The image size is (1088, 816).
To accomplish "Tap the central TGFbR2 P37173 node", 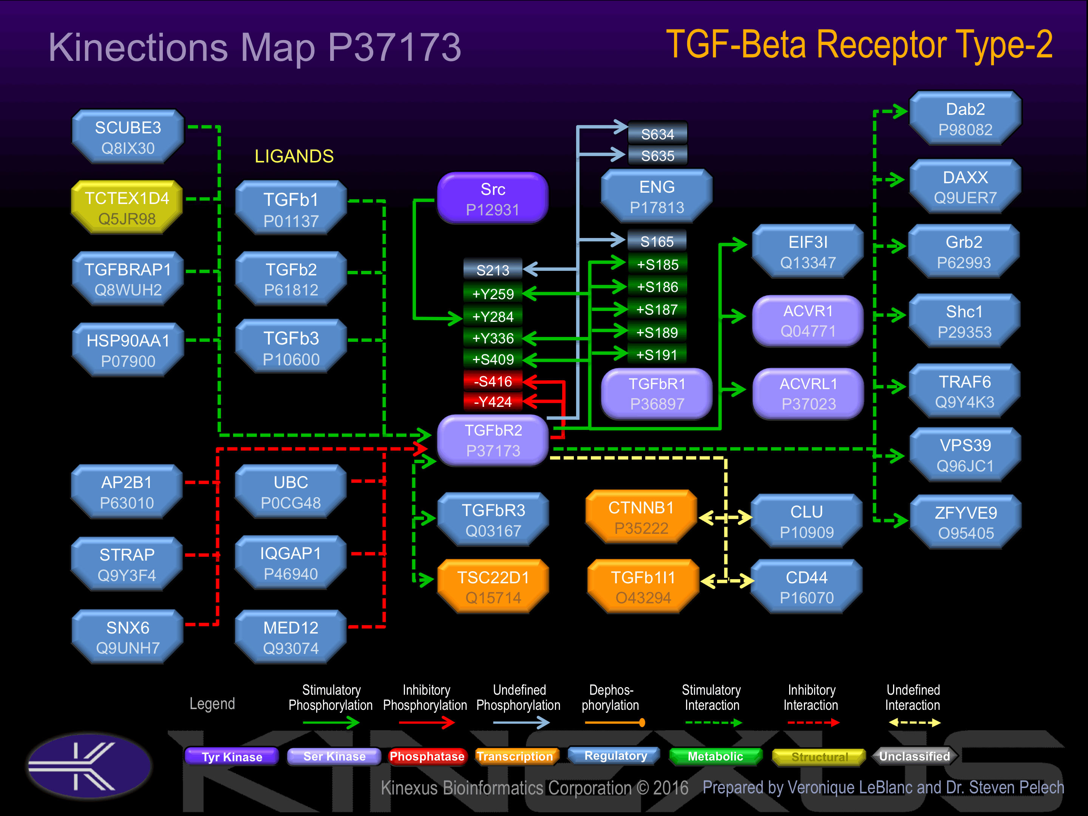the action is (x=493, y=440).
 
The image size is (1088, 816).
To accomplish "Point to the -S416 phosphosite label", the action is (x=493, y=381).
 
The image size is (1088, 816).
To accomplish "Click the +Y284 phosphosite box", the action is (x=493, y=317).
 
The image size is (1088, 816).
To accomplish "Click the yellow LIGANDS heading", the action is (x=294, y=156).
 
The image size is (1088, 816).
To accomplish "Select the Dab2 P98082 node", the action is (x=965, y=119).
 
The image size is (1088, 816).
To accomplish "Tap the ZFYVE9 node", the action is (x=966, y=522).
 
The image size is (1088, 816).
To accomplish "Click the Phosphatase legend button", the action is (x=427, y=756).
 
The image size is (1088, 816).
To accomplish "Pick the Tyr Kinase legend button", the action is (x=232, y=756).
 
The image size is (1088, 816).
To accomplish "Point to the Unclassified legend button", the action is (x=914, y=756).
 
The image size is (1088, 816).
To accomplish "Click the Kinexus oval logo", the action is (x=90, y=766).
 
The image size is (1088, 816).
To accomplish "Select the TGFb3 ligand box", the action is (x=291, y=348).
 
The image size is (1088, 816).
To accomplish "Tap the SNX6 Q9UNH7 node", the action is (x=127, y=637).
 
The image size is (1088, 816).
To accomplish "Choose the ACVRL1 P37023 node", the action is (x=808, y=394).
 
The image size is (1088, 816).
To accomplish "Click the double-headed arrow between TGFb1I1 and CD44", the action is (x=727, y=581).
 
